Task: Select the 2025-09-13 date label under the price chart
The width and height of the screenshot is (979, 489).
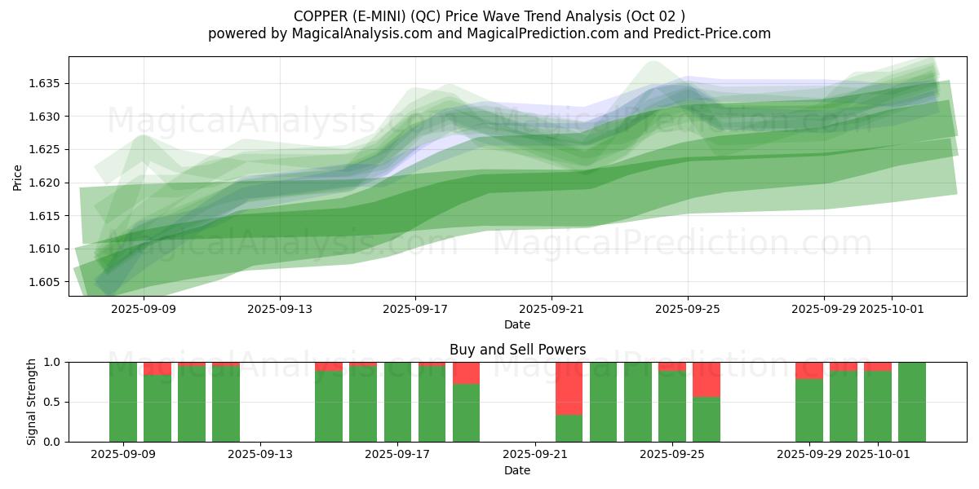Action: [280, 309]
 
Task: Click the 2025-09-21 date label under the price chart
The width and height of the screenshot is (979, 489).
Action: [552, 309]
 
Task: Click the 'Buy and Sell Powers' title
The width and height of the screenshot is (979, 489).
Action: [517, 350]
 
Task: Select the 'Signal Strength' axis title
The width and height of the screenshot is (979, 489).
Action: [32, 402]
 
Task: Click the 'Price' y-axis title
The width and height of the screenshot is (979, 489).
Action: [18, 176]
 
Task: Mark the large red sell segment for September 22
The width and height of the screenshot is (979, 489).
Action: [569, 388]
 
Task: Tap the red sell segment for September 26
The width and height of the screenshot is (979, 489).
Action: [707, 380]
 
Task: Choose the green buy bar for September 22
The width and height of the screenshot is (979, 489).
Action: [569, 428]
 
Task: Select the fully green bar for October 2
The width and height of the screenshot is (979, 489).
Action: [912, 402]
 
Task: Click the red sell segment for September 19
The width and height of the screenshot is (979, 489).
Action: [466, 373]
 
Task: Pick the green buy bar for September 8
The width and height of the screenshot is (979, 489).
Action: [123, 402]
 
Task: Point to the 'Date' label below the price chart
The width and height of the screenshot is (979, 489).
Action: [517, 324]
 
